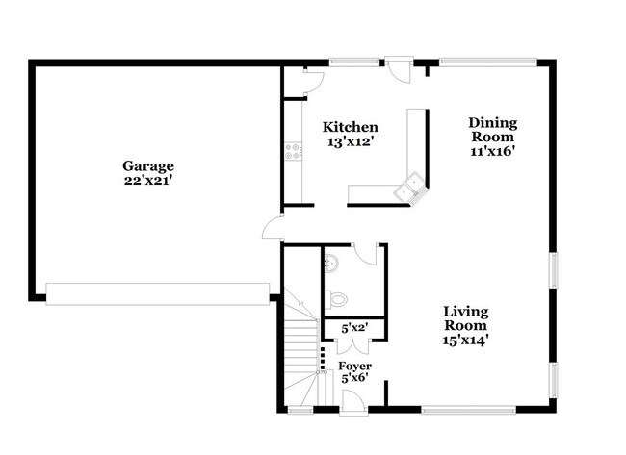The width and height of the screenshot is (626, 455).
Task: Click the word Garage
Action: (x=147, y=164)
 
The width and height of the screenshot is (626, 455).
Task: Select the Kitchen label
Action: (x=350, y=128)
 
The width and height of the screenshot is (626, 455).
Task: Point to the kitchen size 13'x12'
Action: (x=350, y=142)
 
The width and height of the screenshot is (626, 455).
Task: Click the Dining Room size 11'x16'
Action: (x=493, y=151)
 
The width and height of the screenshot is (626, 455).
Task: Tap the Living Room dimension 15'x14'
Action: (x=465, y=340)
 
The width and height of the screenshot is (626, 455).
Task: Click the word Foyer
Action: (x=354, y=367)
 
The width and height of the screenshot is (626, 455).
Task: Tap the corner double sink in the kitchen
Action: (x=412, y=187)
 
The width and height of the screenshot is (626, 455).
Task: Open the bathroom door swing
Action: (x=367, y=253)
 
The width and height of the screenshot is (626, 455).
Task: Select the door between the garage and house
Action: (x=274, y=229)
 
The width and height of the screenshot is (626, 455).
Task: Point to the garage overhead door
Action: (x=158, y=293)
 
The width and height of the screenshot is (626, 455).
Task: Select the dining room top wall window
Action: (x=488, y=63)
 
